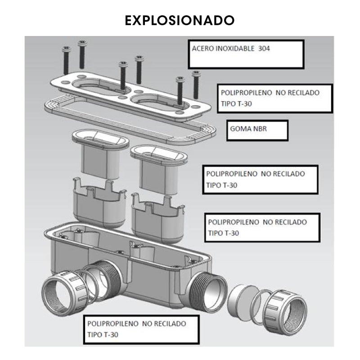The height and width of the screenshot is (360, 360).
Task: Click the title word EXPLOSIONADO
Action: pyautogui.click(x=180, y=20)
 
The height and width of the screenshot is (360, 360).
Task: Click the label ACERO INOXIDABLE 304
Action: pyautogui.click(x=231, y=49)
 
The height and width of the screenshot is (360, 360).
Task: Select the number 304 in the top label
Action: pyautogui.click(x=265, y=49)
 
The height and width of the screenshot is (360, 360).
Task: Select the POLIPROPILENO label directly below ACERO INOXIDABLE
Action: pyautogui.click(x=274, y=98)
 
